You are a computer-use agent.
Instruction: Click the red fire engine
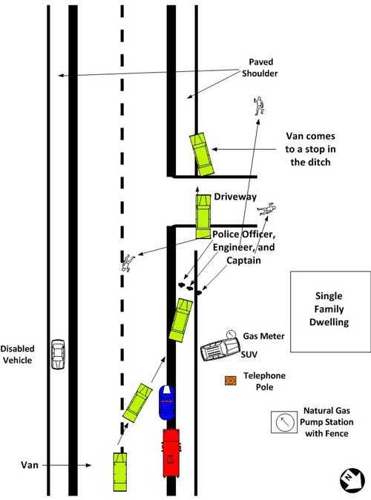pos(171,453)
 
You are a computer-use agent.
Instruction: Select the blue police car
pos(167,402)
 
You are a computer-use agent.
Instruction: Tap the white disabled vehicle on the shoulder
pos(58,354)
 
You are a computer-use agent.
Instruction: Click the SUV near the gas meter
pos(220,349)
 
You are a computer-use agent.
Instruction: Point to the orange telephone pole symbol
pos(231,381)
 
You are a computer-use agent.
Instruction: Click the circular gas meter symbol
pos(231,334)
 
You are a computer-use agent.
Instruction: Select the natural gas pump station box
pos(284,422)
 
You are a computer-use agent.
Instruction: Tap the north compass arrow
pos(352,480)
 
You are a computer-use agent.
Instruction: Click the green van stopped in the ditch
pos(202,154)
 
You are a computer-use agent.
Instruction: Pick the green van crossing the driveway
pos(203,217)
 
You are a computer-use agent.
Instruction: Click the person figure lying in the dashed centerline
pos(128,263)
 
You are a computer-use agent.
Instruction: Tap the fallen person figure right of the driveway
pos(266,209)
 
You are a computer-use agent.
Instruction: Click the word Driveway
pos(235,197)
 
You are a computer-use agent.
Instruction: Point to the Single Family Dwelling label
pos(329,309)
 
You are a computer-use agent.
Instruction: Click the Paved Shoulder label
pos(260,68)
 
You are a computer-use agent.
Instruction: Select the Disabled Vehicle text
pos(17,355)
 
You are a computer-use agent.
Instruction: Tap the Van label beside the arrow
pos(30,465)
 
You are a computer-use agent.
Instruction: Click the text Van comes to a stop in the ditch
pos(310,149)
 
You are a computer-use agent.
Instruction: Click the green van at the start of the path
pos(120,472)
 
